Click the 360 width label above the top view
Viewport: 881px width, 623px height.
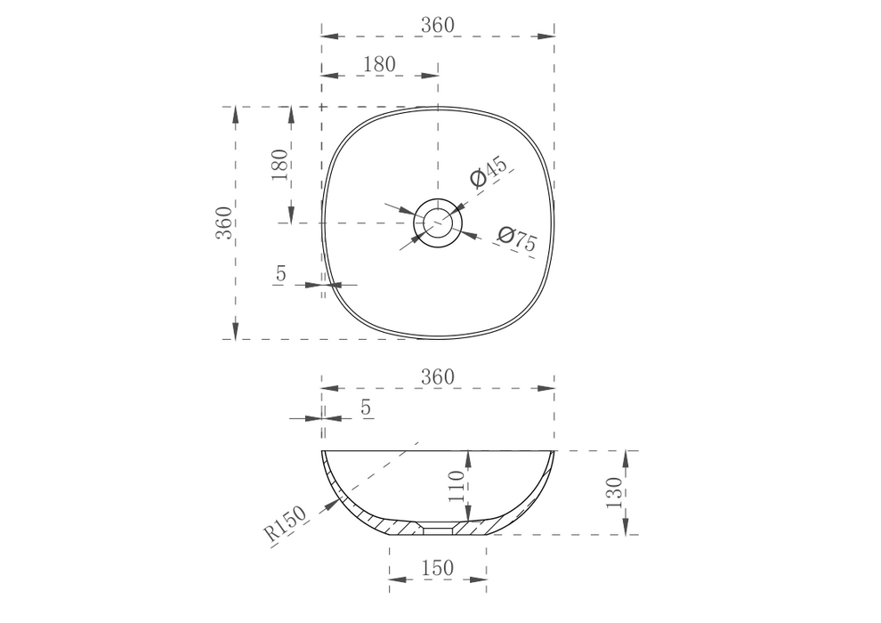(437, 25)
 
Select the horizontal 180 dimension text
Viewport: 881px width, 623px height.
(379, 64)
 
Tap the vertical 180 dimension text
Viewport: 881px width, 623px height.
(279, 165)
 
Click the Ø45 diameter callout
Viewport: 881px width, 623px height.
(488, 172)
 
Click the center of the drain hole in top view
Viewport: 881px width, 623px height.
(437, 222)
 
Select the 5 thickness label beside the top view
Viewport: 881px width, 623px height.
(280, 275)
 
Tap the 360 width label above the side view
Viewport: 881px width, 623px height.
(437, 376)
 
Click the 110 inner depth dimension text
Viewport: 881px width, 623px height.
(457, 488)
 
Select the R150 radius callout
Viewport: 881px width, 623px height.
(285, 523)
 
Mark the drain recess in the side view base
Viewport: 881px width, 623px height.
(437, 527)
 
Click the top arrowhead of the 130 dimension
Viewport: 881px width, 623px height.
(628, 457)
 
